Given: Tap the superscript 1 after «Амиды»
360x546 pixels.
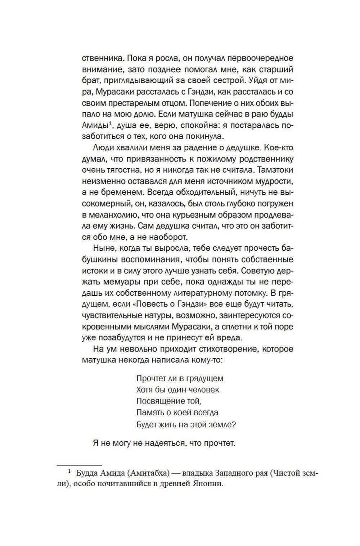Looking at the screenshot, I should click(x=112, y=124).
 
